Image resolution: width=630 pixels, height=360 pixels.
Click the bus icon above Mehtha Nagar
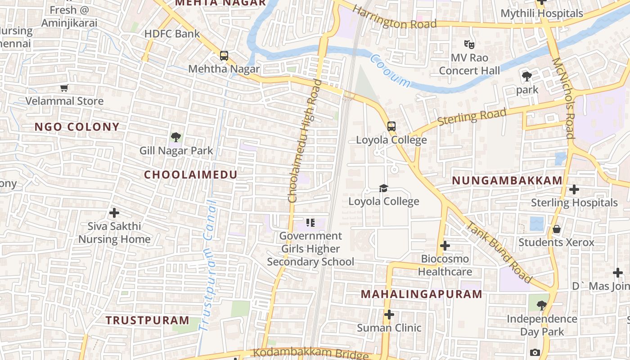[224, 56]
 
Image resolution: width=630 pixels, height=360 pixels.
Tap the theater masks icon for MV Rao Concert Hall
[469, 45]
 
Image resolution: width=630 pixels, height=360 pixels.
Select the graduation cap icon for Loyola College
[383, 188]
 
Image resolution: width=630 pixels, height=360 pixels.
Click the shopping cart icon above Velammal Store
[64, 88]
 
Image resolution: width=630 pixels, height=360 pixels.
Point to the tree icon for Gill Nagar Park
[176, 137]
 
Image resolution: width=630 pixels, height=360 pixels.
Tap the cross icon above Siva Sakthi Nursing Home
[114, 212]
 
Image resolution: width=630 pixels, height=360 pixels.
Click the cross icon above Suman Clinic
[389, 315]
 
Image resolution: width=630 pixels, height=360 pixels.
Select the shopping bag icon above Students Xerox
[557, 229]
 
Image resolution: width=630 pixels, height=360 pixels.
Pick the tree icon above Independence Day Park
[542, 306]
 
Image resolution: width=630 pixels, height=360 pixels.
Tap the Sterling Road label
[472, 117]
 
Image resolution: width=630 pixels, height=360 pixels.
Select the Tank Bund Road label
[499, 252]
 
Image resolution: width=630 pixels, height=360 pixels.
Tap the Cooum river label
[390, 71]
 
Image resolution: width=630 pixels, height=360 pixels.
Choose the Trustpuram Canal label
[208, 265]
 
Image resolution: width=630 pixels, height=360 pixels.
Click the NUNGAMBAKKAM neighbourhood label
[507, 181]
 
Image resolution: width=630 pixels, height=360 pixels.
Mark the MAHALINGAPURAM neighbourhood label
[422, 294]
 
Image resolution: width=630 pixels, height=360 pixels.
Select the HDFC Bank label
[172, 34]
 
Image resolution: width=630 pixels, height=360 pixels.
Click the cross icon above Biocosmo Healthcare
[445, 246]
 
